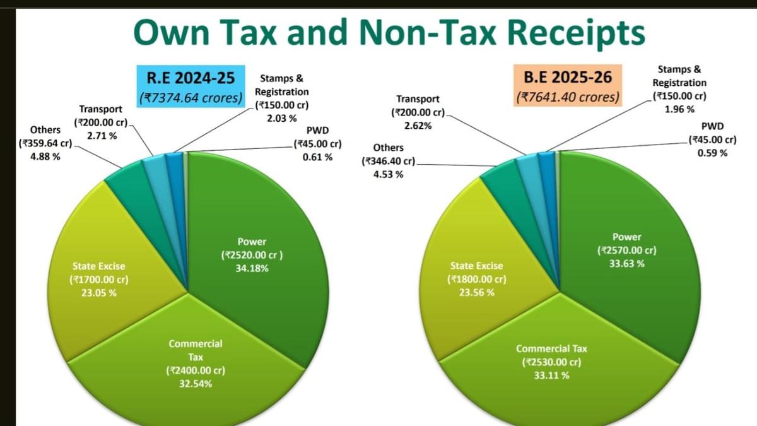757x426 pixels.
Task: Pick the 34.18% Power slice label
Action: [x=252, y=255]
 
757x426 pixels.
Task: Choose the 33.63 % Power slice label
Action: [x=626, y=250]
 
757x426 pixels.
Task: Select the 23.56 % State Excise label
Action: [x=476, y=279]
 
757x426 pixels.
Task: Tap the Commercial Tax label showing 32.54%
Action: [x=196, y=364]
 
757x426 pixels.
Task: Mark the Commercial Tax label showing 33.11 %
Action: [x=551, y=362]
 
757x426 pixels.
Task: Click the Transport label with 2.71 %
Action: [x=101, y=122]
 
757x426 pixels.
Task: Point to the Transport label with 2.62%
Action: [x=418, y=112]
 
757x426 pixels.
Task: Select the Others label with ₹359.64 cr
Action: [x=45, y=143]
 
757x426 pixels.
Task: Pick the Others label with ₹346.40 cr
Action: [x=388, y=161]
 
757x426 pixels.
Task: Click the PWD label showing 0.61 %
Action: [x=317, y=143]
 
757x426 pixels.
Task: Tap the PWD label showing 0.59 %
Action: [x=712, y=139]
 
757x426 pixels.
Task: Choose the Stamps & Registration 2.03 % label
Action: [x=281, y=98]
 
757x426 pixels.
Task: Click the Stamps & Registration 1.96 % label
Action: [x=679, y=89]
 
